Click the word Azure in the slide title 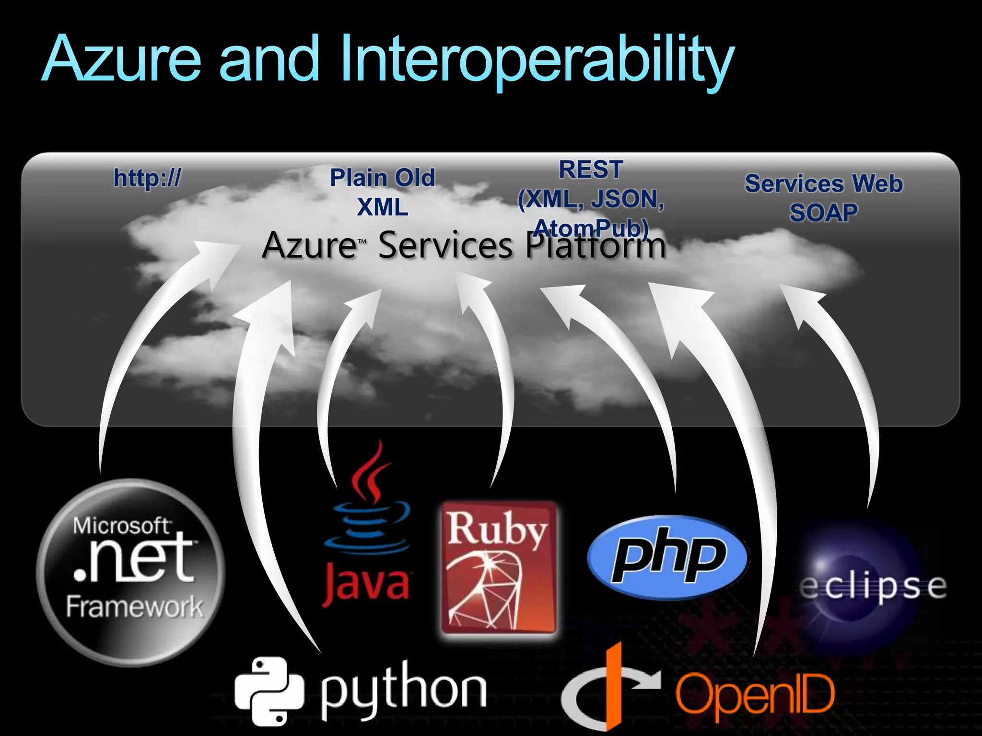pyautogui.click(x=121, y=58)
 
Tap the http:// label pyautogui.click(x=147, y=178)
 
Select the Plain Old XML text pyautogui.click(x=382, y=192)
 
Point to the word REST pyautogui.click(x=591, y=170)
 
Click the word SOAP pyautogui.click(x=823, y=212)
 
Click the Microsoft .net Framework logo pyautogui.click(x=130, y=573)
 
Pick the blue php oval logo pyautogui.click(x=667, y=557)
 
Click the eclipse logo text pyautogui.click(x=873, y=587)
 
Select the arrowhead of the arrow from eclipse pyautogui.click(x=801, y=302)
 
